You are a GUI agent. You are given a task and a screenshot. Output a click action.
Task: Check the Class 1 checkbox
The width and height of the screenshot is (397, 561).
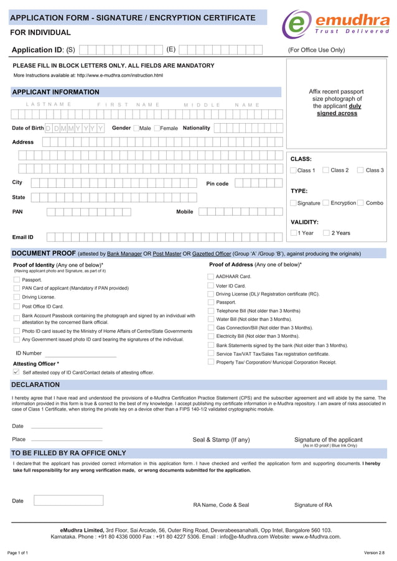[x=294, y=170]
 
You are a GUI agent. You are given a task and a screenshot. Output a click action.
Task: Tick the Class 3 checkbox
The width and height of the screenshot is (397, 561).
[x=360, y=170]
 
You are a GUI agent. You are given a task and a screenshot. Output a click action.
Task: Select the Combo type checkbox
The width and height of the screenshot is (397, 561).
[x=361, y=203]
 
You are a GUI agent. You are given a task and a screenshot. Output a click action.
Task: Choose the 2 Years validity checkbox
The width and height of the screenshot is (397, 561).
[x=326, y=233]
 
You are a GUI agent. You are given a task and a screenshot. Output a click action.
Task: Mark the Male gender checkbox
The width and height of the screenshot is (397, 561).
[x=136, y=128]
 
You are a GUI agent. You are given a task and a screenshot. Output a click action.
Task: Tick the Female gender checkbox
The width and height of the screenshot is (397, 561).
[x=157, y=128]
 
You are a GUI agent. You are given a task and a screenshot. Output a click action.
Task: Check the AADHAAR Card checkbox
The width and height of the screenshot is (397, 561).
[x=210, y=276]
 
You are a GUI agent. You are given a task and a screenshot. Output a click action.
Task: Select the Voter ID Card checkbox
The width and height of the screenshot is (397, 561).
[x=210, y=285]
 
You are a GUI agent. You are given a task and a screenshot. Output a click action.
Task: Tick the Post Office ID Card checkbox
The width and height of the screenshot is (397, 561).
[x=17, y=307]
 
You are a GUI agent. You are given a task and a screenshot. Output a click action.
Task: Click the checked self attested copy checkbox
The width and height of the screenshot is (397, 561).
[x=16, y=372]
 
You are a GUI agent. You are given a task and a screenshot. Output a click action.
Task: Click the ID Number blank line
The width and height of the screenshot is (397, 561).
[x=80, y=356]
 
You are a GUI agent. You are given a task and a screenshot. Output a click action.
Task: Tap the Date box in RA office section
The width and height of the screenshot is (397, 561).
[x=68, y=500]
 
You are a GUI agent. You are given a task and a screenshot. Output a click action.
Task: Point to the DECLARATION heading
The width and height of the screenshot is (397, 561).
[x=35, y=384]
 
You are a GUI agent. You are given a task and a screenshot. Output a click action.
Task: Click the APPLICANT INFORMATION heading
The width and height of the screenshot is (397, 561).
[x=55, y=92]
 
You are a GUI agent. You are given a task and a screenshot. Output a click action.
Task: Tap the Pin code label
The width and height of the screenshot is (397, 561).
[x=217, y=183]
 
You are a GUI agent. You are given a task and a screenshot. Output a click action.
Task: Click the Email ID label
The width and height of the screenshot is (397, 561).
[x=23, y=237]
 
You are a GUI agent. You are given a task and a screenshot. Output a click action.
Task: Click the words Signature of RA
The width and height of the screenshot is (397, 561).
[x=313, y=505]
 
